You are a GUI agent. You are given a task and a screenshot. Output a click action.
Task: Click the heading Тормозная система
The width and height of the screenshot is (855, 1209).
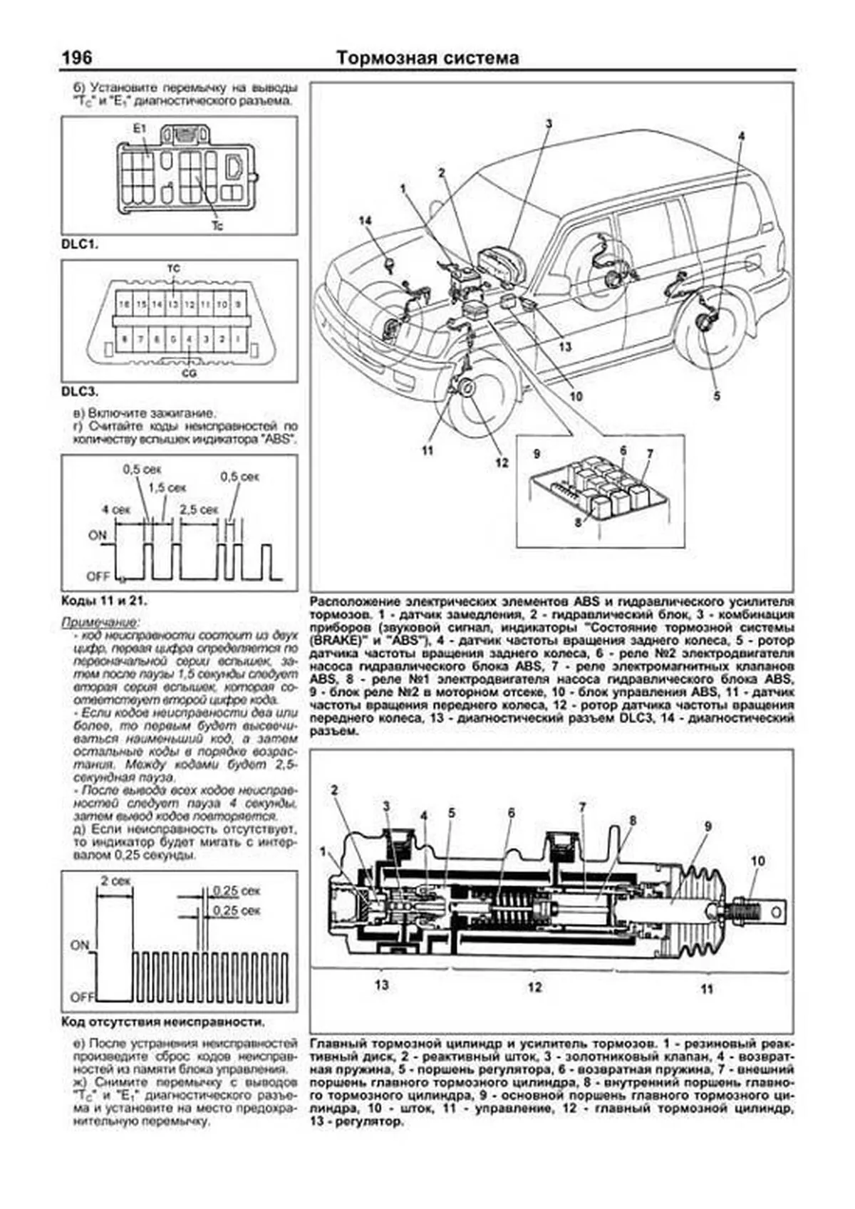click(x=427, y=58)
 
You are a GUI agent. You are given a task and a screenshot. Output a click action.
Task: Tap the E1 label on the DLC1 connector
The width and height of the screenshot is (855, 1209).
click(x=139, y=128)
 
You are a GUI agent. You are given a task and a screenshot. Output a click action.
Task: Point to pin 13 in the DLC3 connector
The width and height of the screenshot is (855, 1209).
click(x=172, y=304)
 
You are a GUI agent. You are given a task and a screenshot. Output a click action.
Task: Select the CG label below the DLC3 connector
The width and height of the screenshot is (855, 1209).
click(x=189, y=373)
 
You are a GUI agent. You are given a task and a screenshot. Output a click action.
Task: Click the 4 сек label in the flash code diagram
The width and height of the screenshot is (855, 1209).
click(x=115, y=510)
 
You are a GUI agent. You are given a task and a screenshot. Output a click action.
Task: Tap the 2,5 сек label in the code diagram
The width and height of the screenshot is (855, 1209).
click(x=199, y=510)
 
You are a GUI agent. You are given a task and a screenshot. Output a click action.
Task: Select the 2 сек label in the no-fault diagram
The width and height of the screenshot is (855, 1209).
click(x=114, y=881)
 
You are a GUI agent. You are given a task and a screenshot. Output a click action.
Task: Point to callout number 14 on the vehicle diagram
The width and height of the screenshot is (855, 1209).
click(x=366, y=222)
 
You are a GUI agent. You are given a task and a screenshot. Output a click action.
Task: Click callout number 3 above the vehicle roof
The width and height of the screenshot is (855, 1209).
click(x=549, y=124)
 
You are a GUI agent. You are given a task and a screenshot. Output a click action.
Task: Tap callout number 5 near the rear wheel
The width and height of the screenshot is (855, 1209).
click(x=716, y=396)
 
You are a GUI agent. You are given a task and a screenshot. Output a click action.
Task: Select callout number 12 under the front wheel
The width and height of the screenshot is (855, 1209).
click(x=502, y=463)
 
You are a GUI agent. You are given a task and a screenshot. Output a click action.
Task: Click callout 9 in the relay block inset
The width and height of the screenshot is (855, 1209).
click(x=537, y=454)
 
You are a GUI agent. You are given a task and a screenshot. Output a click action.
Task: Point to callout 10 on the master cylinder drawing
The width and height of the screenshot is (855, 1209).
click(x=757, y=861)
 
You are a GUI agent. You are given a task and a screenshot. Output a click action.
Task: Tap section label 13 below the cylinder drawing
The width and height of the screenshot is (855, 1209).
click(x=381, y=985)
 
